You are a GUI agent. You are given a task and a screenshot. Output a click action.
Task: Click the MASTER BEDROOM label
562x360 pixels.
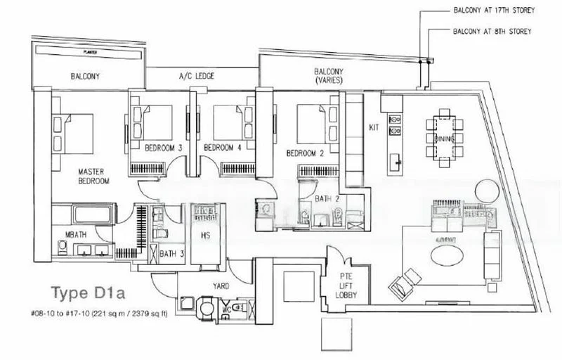tap(93, 176)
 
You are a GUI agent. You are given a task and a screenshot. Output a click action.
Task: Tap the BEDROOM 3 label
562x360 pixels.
tap(164, 148)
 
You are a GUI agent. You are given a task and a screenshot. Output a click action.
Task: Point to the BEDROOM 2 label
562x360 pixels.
tap(303, 153)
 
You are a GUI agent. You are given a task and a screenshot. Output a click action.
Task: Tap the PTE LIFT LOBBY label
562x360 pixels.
tap(348, 283)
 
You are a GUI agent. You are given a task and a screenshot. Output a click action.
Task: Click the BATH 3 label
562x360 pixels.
tap(167, 253)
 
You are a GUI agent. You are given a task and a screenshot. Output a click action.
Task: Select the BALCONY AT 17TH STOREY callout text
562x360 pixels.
tap(495, 11)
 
